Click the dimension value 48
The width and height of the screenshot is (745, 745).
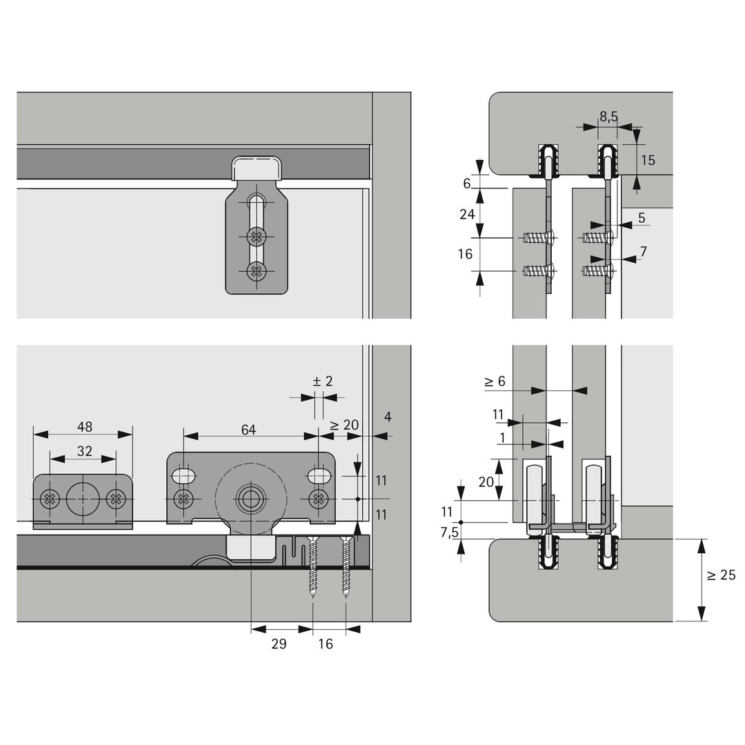click(84, 426)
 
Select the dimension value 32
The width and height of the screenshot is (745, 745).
click(84, 451)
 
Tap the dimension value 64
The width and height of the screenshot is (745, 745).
click(248, 430)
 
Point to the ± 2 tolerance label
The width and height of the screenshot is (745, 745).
click(322, 381)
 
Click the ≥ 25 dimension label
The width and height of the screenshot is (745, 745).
click(722, 575)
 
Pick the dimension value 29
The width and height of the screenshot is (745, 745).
click(279, 644)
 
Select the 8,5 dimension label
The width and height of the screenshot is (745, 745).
click(608, 117)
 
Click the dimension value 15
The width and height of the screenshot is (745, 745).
click(648, 160)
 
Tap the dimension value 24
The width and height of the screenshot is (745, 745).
click(467, 214)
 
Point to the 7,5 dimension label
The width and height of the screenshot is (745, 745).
click(449, 532)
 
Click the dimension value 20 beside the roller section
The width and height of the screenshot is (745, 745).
click(486, 481)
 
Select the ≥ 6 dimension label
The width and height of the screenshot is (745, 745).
click(495, 381)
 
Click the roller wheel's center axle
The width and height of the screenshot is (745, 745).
click(250, 498)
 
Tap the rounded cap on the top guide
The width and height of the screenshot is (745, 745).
click(257, 167)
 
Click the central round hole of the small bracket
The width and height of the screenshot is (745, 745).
click(83, 497)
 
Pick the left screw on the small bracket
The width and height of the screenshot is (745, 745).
click(50, 498)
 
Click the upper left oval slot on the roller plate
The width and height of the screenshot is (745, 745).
click(183, 475)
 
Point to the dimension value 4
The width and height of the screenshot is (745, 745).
click(388, 417)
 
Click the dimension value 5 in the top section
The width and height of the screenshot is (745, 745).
click(641, 218)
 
